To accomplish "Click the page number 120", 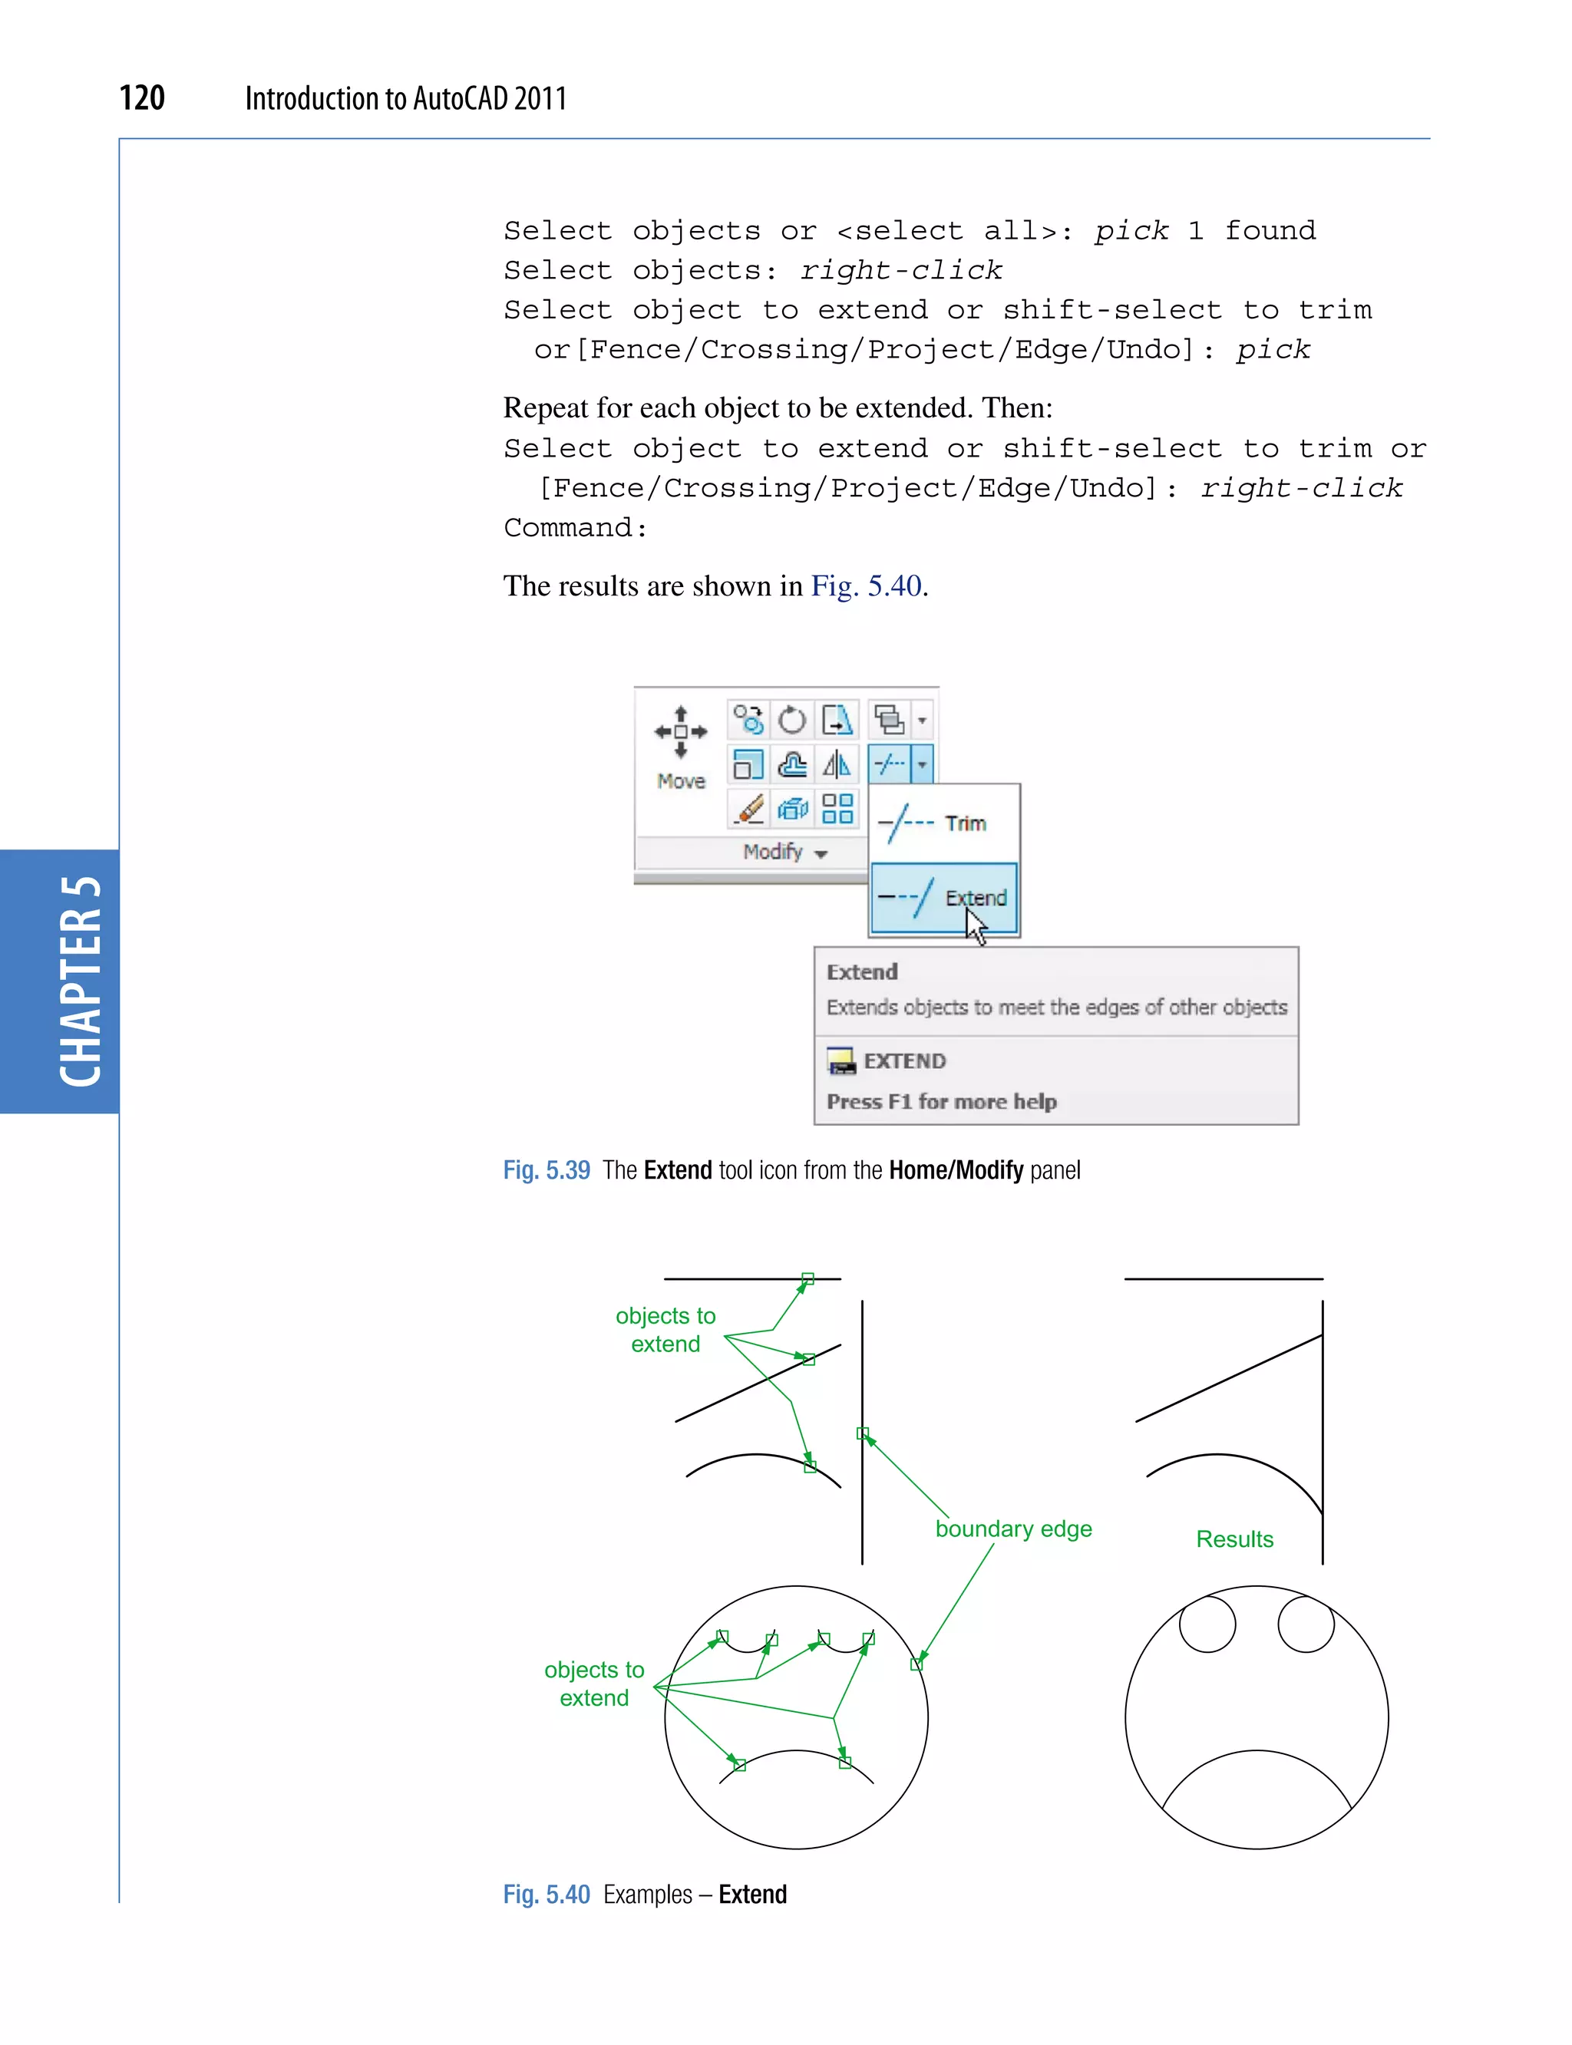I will (x=142, y=98).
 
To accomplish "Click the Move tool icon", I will (x=680, y=733).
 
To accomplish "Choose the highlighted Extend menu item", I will (x=943, y=898).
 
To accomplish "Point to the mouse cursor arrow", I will (x=975, y=927).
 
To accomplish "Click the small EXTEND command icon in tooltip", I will (x=841, y=1060).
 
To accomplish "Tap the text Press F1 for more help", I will (x=941, y=1102).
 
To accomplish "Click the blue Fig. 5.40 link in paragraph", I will (x=867, y=586).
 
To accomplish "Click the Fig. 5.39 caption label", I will (x=547, y=1170).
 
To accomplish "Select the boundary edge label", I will (x=1013, y=1529).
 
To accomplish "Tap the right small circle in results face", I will (x=1306, y=1624).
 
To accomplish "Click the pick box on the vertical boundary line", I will (x=863, y=1433).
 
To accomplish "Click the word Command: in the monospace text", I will (x=574, y=529).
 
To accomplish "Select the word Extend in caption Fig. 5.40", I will (x=752, y=1895).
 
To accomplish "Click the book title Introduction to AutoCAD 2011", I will (x=405, y=98).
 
